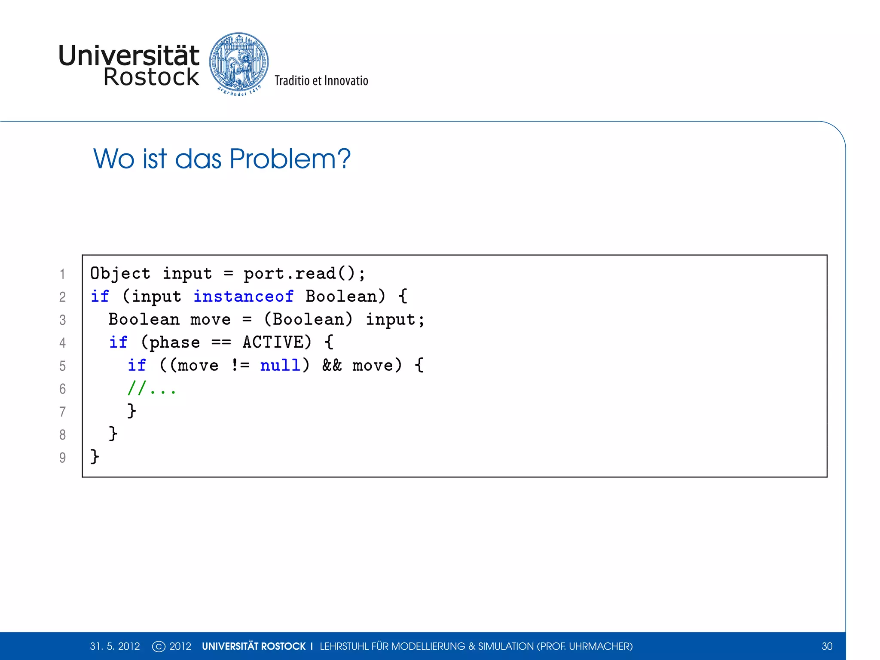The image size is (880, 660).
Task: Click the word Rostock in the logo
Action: (151, 77)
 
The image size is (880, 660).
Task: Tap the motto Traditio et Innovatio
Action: (321, 81)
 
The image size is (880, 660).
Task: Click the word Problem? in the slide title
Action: (290, 159)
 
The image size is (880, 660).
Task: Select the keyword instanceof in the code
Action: (244, 296)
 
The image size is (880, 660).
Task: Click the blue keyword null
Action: (280, 365)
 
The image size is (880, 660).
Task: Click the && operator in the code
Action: (332, 365)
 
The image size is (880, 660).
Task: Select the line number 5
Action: (63, 366)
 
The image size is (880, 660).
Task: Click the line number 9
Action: (63, 458)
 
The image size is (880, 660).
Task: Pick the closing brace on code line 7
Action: (132, 411)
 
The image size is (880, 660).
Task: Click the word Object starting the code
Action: (120, 273)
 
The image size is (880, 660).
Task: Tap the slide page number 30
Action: (827, 646)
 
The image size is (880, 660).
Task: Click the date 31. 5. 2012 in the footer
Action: (115, 646)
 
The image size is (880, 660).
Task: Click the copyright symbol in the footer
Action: (159, 646)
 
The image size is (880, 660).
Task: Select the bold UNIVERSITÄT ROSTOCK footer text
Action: (254, 646)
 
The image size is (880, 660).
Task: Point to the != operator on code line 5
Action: (240, 365)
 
